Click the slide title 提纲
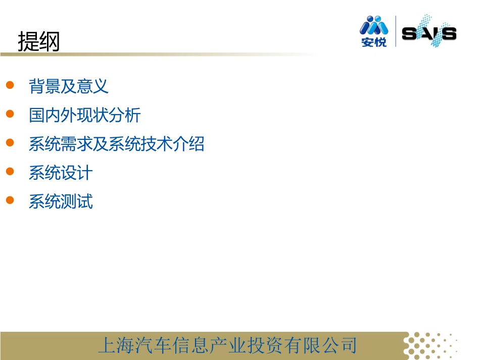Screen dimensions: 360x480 click(x=39, y=42)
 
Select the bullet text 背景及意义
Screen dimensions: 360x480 click(x=69, y=86)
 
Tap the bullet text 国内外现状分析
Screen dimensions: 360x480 click(x=85, y=115)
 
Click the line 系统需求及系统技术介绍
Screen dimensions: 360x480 click(x=117, y=144)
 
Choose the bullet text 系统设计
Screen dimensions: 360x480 click(x=61, y=173)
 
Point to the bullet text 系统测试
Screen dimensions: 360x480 click(x=61, y=202)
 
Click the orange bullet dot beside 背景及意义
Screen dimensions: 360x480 click(x=10, y=85)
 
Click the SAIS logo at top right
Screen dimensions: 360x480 click(x=428, y=33)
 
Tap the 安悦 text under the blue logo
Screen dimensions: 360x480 click(x=374, y=42)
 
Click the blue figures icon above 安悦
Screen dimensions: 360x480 click(x=374, y=25)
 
